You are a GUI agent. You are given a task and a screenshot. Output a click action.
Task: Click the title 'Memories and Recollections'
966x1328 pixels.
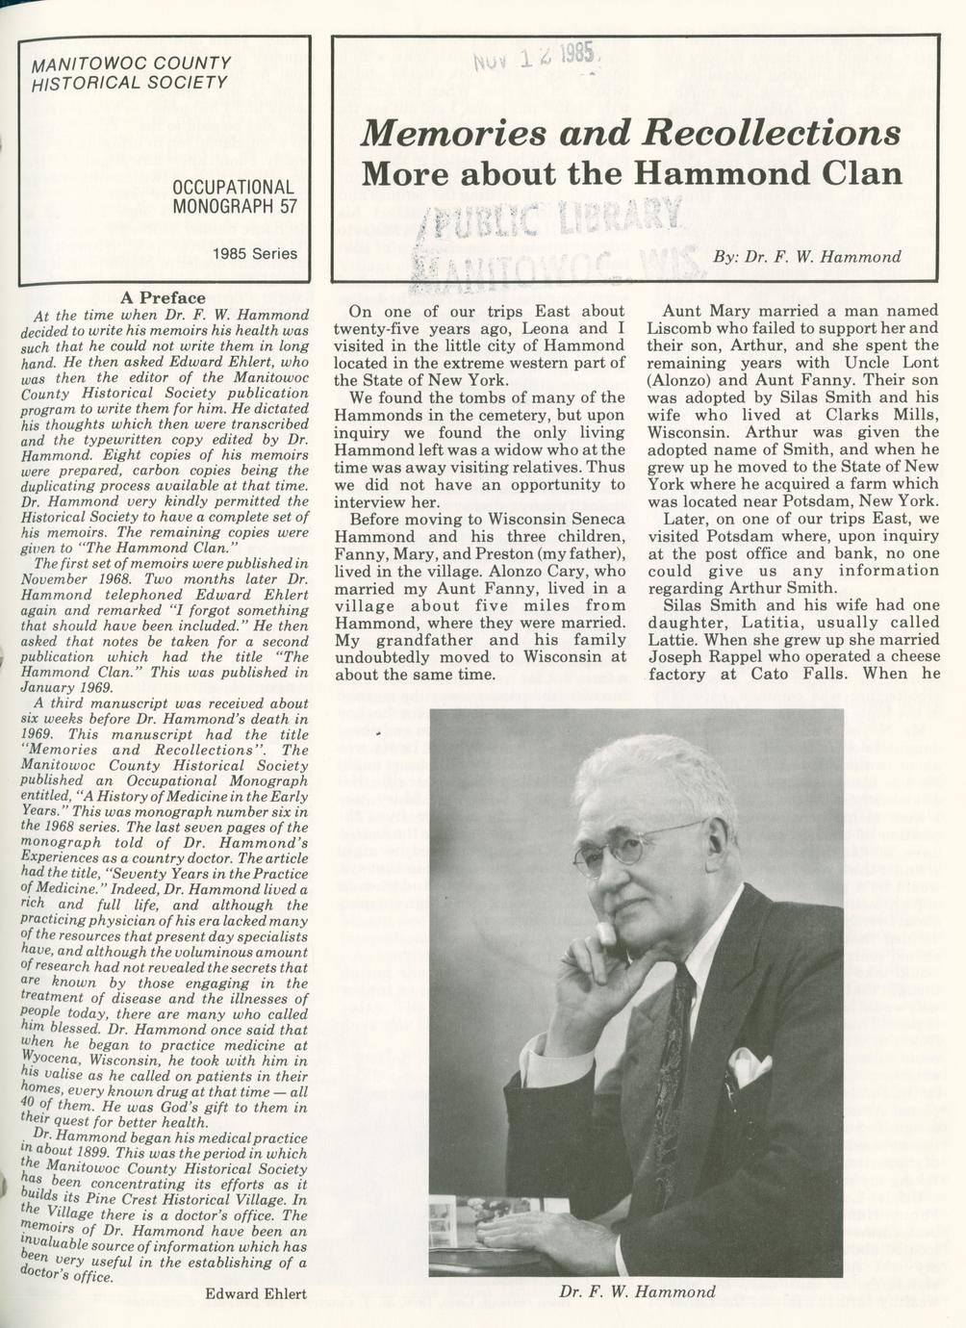click(x=631, y=133)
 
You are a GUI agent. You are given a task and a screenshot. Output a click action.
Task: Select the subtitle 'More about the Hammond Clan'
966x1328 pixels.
click(x=631, y=174)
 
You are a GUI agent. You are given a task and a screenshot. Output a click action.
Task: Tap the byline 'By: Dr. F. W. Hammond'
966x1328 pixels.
click(x=807, y=257)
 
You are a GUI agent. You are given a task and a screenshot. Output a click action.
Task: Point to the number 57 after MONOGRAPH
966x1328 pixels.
click(x=288, y=206)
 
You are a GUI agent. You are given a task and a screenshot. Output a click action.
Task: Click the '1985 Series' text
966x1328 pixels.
click(x=255, y=254)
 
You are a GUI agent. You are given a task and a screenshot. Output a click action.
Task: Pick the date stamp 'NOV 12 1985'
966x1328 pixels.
click(x=533, y=58)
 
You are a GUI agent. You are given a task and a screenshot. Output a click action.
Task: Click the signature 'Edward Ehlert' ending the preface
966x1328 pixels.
click(x=255, y=1294)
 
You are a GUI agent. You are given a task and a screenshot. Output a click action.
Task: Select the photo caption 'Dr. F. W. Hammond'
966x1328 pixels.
click(x=637, y=1291)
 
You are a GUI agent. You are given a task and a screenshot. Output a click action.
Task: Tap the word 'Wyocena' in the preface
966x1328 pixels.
click(x=53, y=1060)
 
